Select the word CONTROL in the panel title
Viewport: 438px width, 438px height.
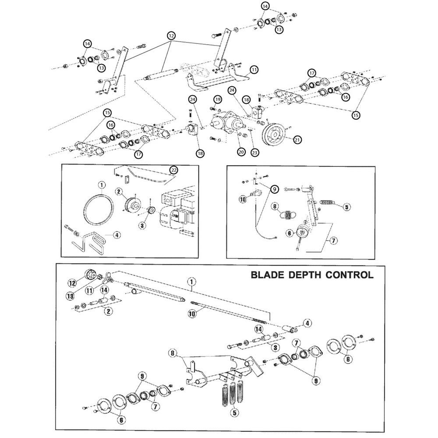[x=351, y=275]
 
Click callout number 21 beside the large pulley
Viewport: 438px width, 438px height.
[x=297, y=140]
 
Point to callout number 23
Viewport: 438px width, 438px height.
[x=255, y=152]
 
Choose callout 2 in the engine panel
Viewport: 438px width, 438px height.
[x=119, y=191]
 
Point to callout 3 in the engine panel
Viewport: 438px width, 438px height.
[x=141, y=225]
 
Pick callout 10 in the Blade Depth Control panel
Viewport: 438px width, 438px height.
[x=191, y=314]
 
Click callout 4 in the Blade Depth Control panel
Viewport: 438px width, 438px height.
[x=307, y=323]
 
